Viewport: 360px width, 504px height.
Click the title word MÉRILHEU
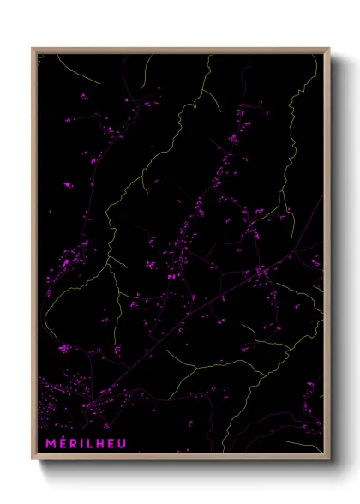point(87,443)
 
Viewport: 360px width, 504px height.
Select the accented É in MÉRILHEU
point(61,443)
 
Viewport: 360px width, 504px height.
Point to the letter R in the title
point(72,443)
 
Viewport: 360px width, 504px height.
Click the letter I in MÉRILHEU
point(81,443)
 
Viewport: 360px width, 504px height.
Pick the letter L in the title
point(89,443)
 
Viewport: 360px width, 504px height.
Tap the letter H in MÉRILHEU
point(100,443)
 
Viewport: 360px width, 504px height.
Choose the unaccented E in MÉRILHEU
point(112,443)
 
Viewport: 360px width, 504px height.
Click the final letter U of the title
point(124,443)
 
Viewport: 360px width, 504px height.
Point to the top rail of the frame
point(180,50)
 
